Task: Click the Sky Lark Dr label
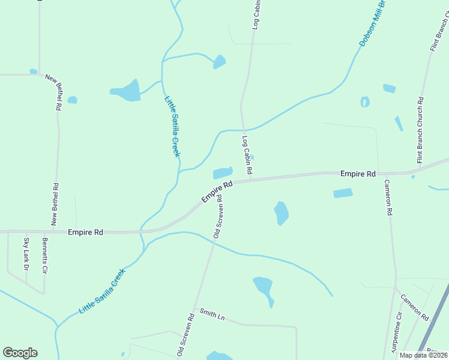tap(26, 253)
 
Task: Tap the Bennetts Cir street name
tap(44, 256)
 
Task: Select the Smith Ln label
tap(212, 313)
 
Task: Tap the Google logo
tap(20, 353)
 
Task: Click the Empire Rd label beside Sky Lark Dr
tap(85, 232)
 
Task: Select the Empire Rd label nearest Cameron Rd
tap(358, 173)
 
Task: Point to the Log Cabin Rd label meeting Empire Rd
tap(247, 155)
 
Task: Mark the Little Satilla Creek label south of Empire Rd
tap(102, 292)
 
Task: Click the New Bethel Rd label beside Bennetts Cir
tap(55, 204)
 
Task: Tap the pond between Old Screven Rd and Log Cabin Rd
tap(223, 173)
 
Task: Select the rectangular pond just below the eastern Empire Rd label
tap(343, 193)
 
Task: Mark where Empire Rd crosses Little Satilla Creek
tap(142, 231)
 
